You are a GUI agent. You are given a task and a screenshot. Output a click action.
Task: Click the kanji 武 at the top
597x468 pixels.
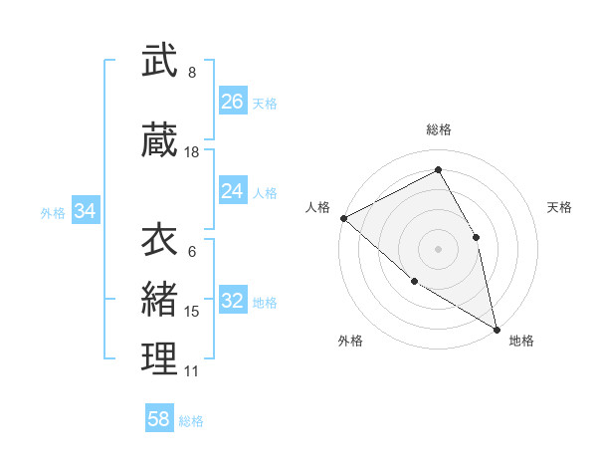[159, 61]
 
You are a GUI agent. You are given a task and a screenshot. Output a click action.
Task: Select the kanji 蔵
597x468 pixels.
[159, 140]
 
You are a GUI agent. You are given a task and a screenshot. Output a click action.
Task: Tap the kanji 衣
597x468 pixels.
[159, 240]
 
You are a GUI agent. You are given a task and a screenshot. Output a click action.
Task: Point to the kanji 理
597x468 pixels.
[159, 359]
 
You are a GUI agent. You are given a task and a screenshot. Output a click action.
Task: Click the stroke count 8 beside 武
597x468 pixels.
[192, 73]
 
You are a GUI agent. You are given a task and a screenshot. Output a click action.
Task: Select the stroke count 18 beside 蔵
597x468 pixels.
[192, 152]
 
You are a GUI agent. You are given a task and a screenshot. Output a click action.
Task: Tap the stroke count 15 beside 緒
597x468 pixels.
[192, 312]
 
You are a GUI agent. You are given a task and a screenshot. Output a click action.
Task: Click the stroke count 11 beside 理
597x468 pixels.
[192, 371]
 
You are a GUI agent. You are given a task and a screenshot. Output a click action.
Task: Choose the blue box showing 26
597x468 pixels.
[232, 102]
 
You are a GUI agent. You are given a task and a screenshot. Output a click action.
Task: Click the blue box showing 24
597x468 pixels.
[232, 191]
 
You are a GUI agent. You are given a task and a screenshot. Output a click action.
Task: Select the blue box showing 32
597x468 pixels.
[232, 301]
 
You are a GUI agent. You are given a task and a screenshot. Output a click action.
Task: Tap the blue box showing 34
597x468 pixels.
[85, 211]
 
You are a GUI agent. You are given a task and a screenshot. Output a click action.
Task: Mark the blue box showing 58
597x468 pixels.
[158, 419]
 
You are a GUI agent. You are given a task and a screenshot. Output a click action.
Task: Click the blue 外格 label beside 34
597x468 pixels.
[52, 212]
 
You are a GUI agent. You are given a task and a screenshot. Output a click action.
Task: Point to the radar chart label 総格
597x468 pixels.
[438, 129]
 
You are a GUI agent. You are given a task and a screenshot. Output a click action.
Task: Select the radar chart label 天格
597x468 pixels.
[559, 207]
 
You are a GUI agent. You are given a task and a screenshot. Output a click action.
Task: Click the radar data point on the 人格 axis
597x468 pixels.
[343, 218]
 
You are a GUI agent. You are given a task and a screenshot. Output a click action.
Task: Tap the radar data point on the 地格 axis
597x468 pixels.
[496, 329]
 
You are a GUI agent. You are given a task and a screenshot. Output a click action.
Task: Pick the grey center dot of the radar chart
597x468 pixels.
[438, 248]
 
